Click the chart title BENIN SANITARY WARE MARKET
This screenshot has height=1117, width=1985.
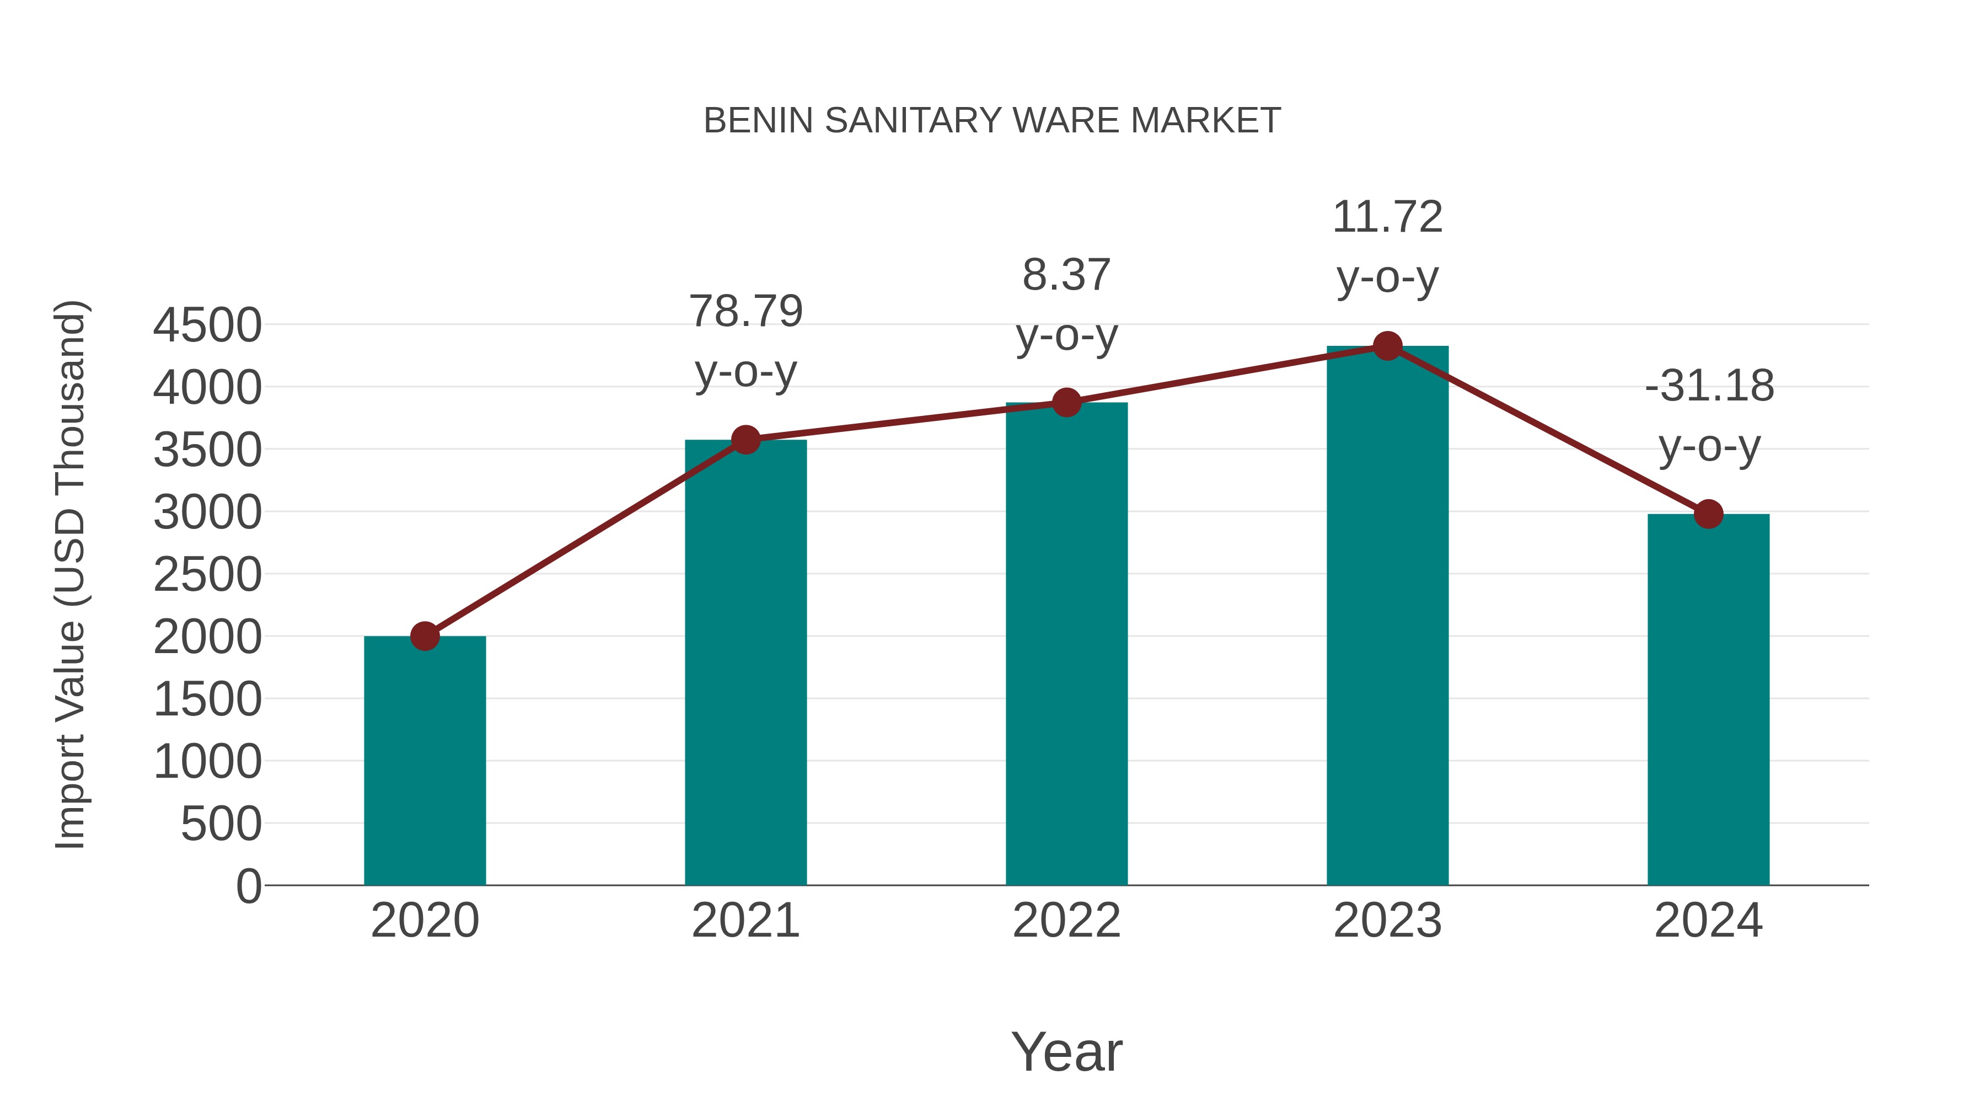[x=992, y=121]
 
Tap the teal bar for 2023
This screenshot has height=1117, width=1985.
[x=1387, y=617]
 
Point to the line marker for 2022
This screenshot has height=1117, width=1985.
[x=1066, y=403]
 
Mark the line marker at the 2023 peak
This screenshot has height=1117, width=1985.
[x=1387, y=346]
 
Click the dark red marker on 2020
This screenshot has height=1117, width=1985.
[x=425, y=636]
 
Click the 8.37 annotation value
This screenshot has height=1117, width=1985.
[x=1066, y=275]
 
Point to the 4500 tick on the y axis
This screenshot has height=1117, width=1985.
[x=207, y=325]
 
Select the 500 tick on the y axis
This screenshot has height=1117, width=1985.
[x=221, y=824]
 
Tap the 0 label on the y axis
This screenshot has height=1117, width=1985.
[x=249, y=886]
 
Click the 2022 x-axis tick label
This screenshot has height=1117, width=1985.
[x=1066, y=921]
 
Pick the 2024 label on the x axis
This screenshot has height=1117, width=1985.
[x=1708, y=921]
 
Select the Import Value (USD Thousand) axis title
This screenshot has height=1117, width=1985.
[x=70, y=574]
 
